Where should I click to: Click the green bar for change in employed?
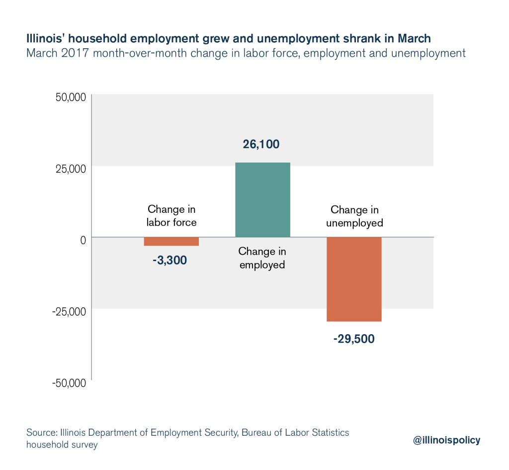262,199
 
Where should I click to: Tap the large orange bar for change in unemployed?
353,279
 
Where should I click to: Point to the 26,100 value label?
261,145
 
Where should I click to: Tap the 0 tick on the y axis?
83,240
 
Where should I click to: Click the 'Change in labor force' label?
171,216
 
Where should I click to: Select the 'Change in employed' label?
262,258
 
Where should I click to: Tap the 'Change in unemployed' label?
354,216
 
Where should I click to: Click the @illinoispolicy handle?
447,440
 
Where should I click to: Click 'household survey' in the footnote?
62,445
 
